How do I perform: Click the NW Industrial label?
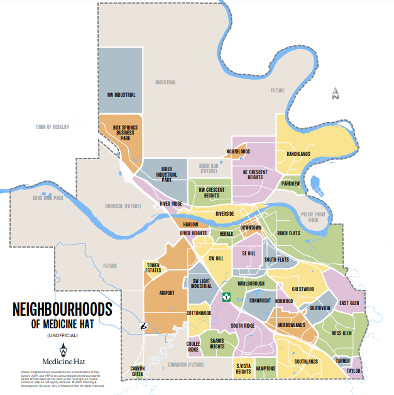click(121, 95)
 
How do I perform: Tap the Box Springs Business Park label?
click(125, 133)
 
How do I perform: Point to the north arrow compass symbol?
click(336, 94)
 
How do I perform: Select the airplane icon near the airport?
click(143, 326)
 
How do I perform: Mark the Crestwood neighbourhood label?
click(303, 289)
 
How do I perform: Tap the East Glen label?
click(349, 303)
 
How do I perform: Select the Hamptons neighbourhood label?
click(266, 368)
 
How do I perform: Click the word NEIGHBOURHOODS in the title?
click(62, 309)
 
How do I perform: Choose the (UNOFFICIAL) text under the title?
click(62, 336)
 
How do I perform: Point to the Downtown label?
click(251, 227)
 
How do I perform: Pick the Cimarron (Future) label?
click(186, 364)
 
